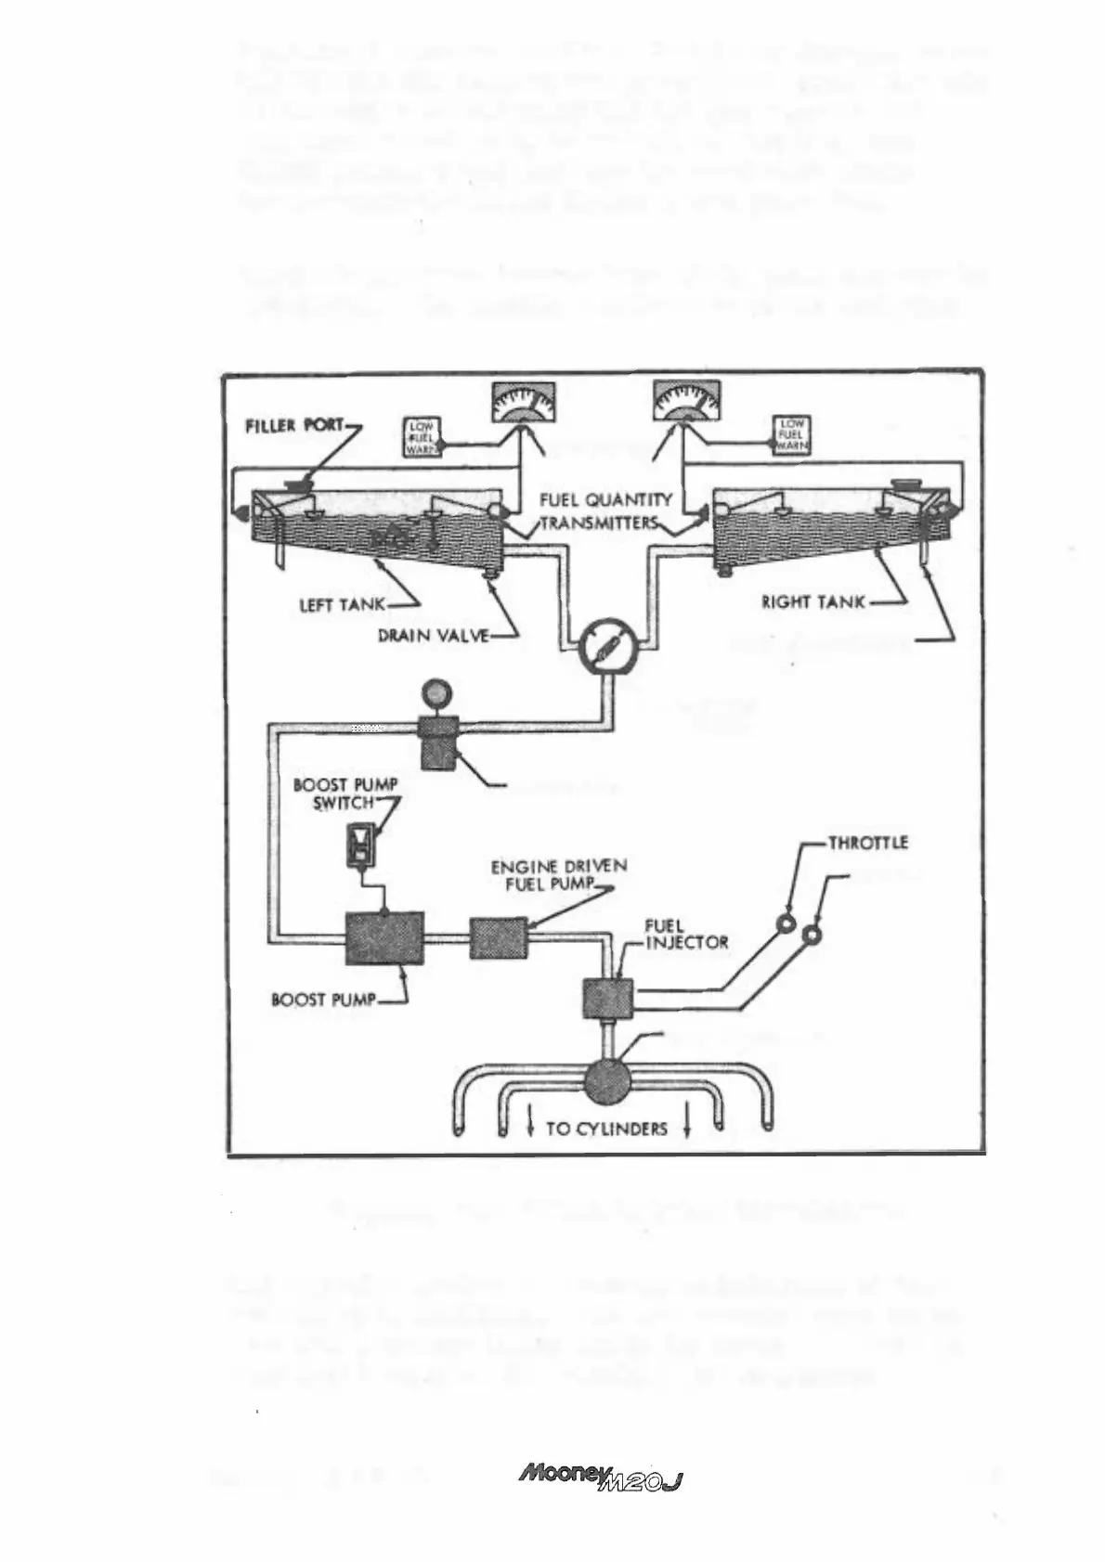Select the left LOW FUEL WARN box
[x=422, y=437]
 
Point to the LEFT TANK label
[x=342, y=604]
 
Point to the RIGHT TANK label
[x=813, y=602]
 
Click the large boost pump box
[x=384, y=938]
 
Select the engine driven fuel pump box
[x=498, y=937]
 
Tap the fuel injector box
[x=607, y=999]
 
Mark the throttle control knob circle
[x=788, y=924]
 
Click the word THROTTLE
[x=867, y=843]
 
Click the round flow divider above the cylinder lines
[x=608, y=1080]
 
